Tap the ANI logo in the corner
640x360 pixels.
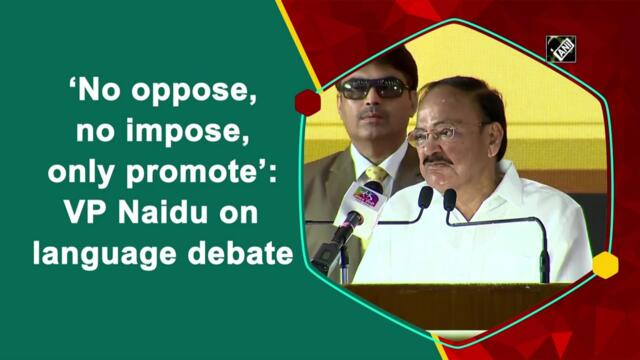[560, 48]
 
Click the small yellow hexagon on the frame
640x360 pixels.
[604, 265]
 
